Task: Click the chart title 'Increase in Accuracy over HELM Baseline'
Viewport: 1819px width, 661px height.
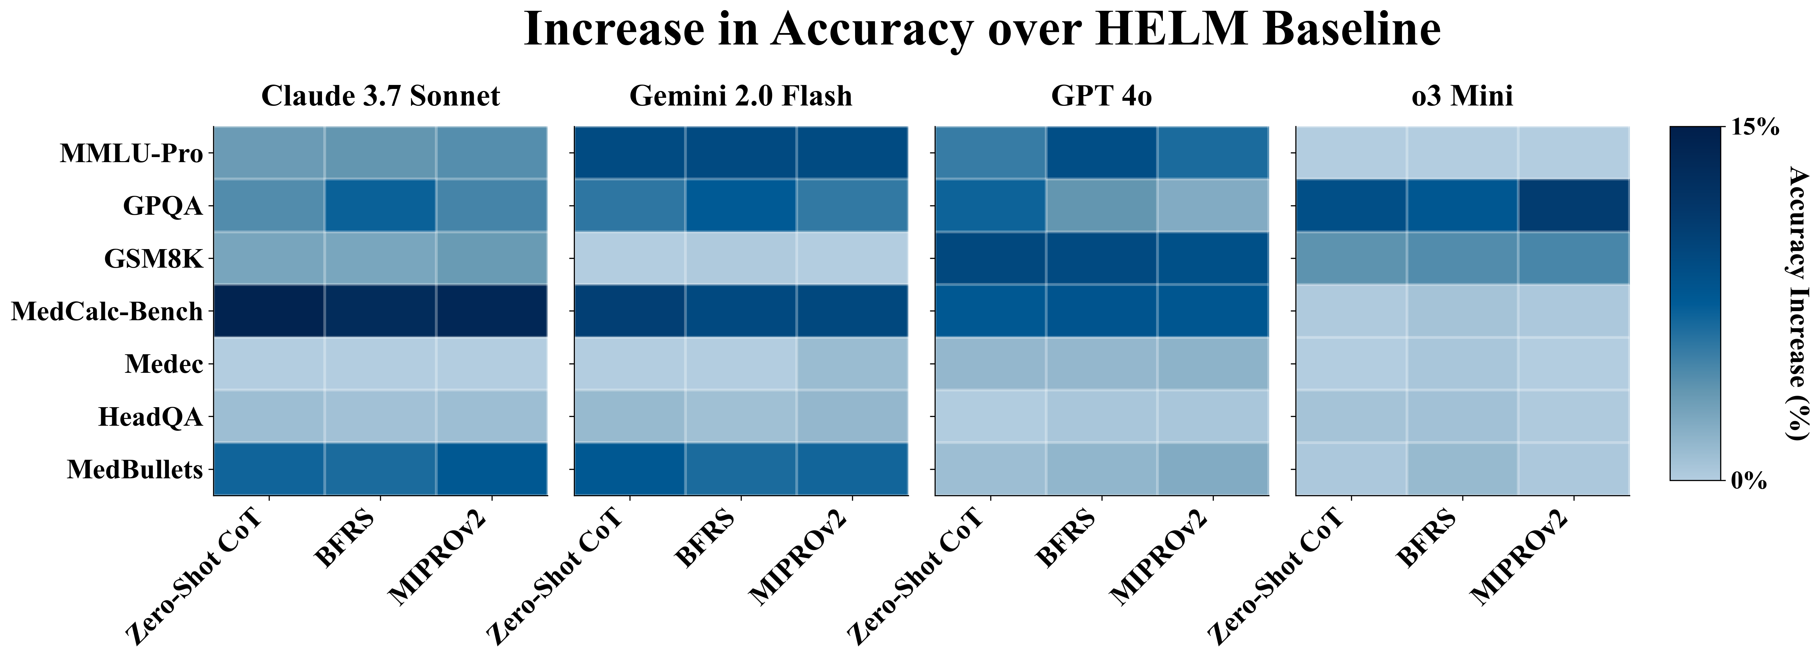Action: (x=981, y=30)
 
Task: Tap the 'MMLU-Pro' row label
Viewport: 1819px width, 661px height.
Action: (x=131, y=153)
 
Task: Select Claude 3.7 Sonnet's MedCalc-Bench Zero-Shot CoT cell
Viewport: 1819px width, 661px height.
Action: (x=269, y=311)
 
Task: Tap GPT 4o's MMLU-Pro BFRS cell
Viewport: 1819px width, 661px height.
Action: (x=1102, y=153)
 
